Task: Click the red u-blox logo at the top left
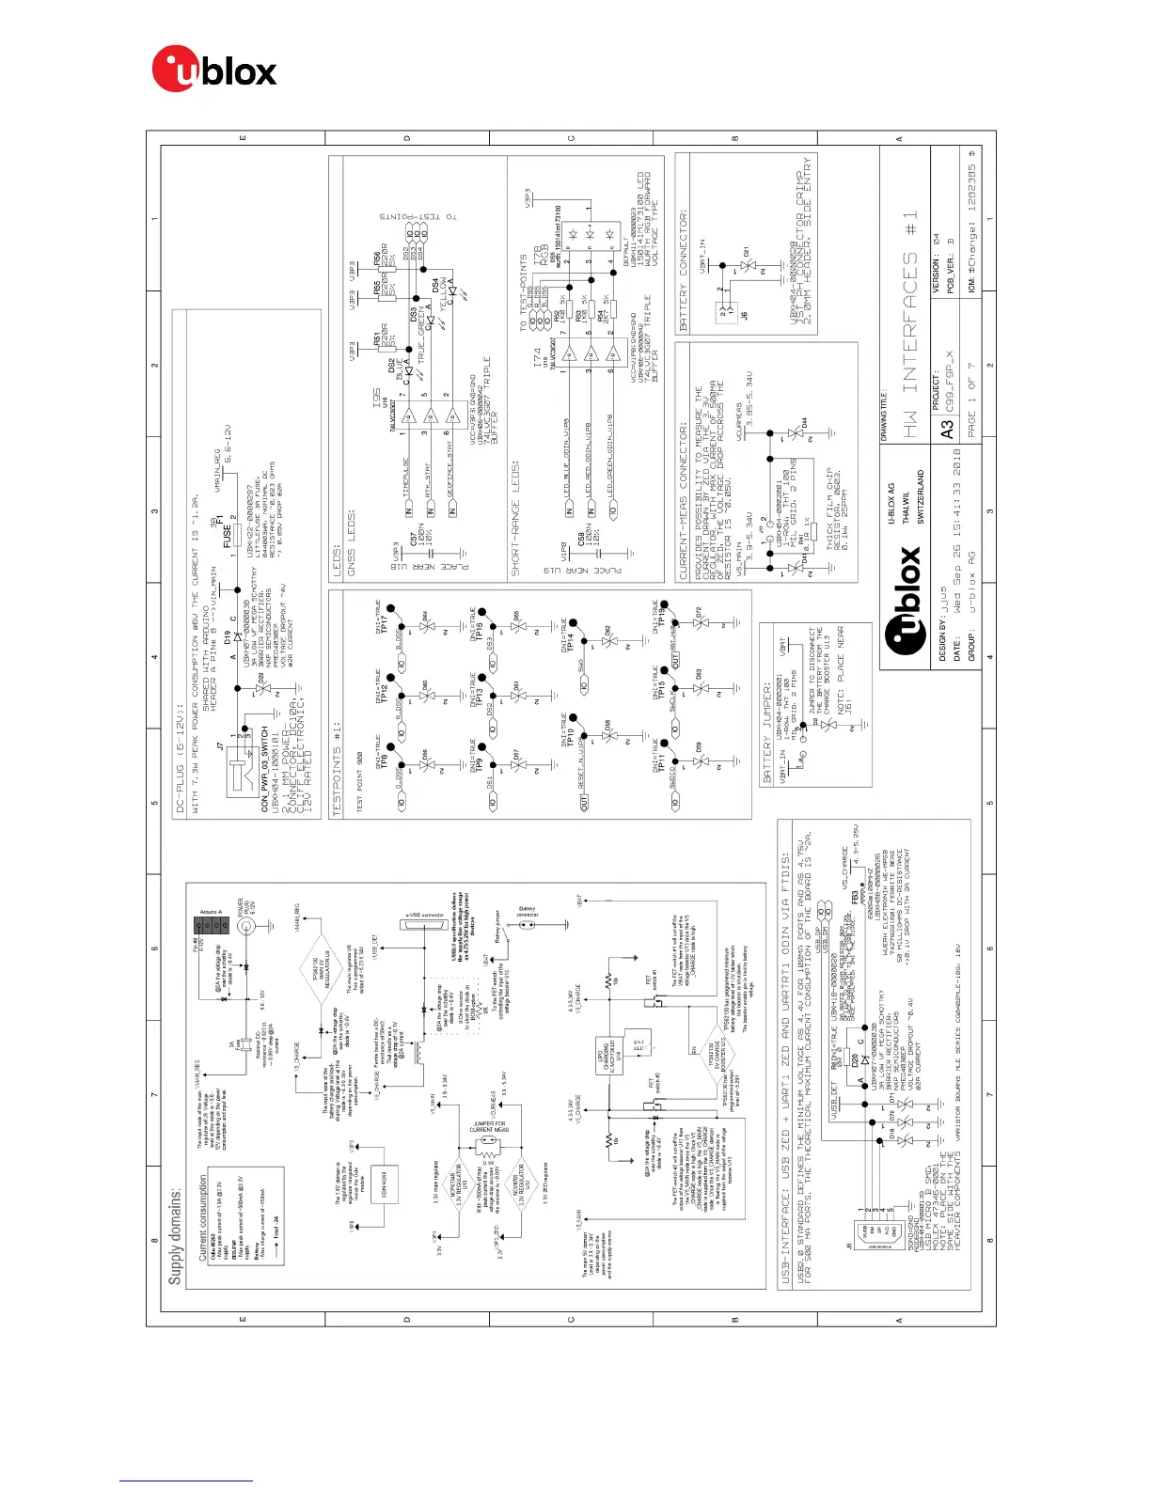point(213,71)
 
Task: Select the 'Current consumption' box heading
point(203,1216)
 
